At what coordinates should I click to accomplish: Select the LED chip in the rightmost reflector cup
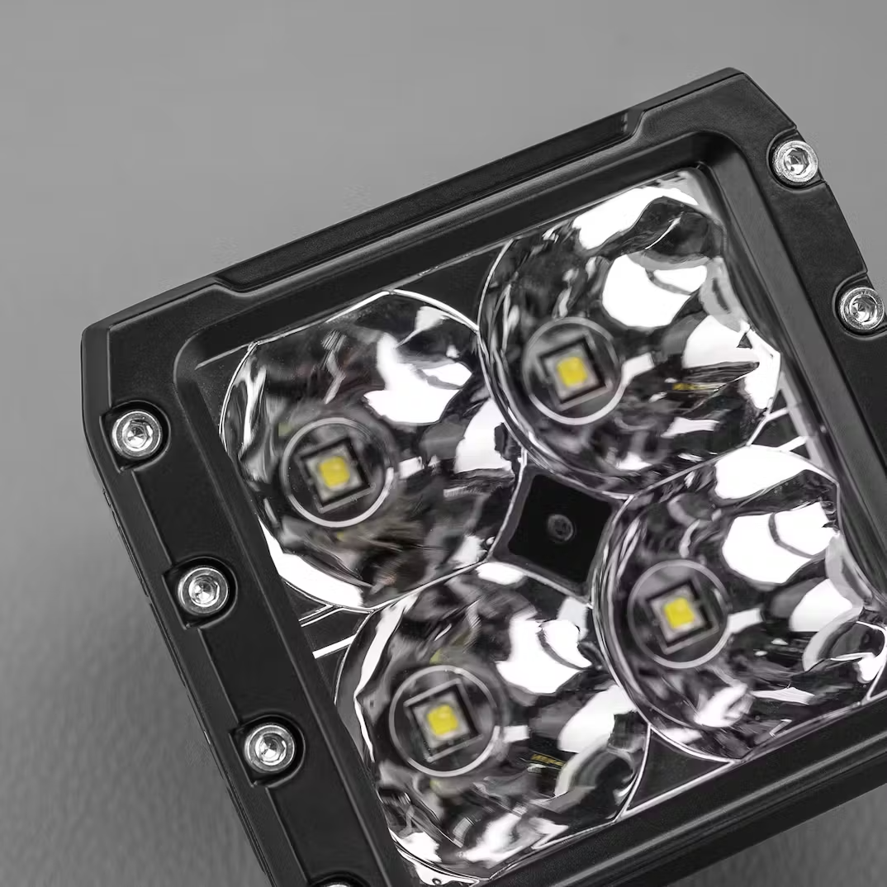click(x=678, y=612)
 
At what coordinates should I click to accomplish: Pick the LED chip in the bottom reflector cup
click(x=443, y=720)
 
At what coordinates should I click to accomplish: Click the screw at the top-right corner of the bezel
click(x=795, y=161)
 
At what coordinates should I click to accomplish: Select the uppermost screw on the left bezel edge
click(x=137, y=434)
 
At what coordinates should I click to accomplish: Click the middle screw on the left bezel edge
click(x=203, y=590)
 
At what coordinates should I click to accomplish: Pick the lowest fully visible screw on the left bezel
click(x=269, y=747)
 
